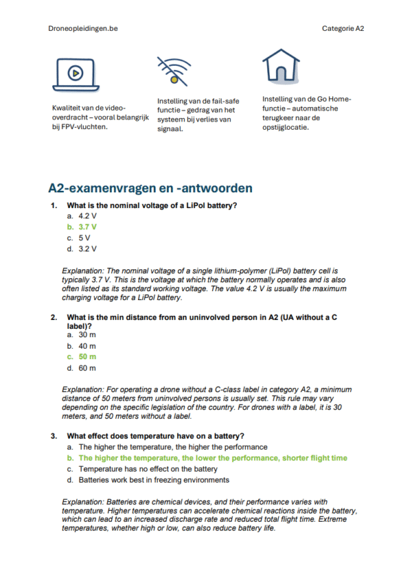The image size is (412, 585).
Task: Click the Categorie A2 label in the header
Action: click(x=343, y=28)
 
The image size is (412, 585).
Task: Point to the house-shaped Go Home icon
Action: click(x=281, y=67)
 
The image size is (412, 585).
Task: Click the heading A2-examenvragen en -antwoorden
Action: click(x=150, y=187)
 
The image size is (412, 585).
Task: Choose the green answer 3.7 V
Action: click(x=87, y=227)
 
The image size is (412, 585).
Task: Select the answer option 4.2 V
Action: click(x=87, y=216)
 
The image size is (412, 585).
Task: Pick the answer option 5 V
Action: click(x=84, y=238)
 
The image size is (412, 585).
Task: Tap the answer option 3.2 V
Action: click(x=87, y=249)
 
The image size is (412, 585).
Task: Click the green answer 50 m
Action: click(x=87, y=357)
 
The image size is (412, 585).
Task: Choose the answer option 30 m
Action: click(x=87, y=334)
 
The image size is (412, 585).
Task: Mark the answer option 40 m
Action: click(x=87, y=346)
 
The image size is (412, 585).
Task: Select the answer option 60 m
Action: click(x=87, y=368)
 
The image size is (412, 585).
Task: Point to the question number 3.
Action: click(x=54, y=435)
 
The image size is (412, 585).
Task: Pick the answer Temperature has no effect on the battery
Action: click(x=148, y=469)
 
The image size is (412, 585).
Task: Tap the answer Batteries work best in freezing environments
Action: click(x=153, y=480)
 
